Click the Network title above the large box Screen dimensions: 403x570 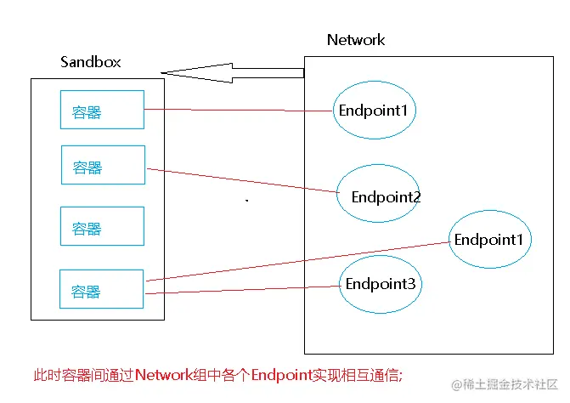click(x=356, y=40)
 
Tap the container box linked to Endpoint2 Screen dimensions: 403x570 click(x=103, y=165)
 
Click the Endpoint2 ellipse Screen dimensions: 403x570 click(x=378, y=194)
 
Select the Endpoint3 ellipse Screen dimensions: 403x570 click(x=381, y=284)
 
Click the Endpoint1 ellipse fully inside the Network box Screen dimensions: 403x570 click(x=374, y=111)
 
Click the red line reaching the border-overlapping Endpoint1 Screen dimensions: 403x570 click(x=297, y=260)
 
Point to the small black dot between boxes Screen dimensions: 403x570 click(x=247, y=201)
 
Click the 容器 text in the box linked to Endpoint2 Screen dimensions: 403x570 click(x=87, y=167)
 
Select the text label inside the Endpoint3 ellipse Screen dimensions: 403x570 click(x=381, y=284)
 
